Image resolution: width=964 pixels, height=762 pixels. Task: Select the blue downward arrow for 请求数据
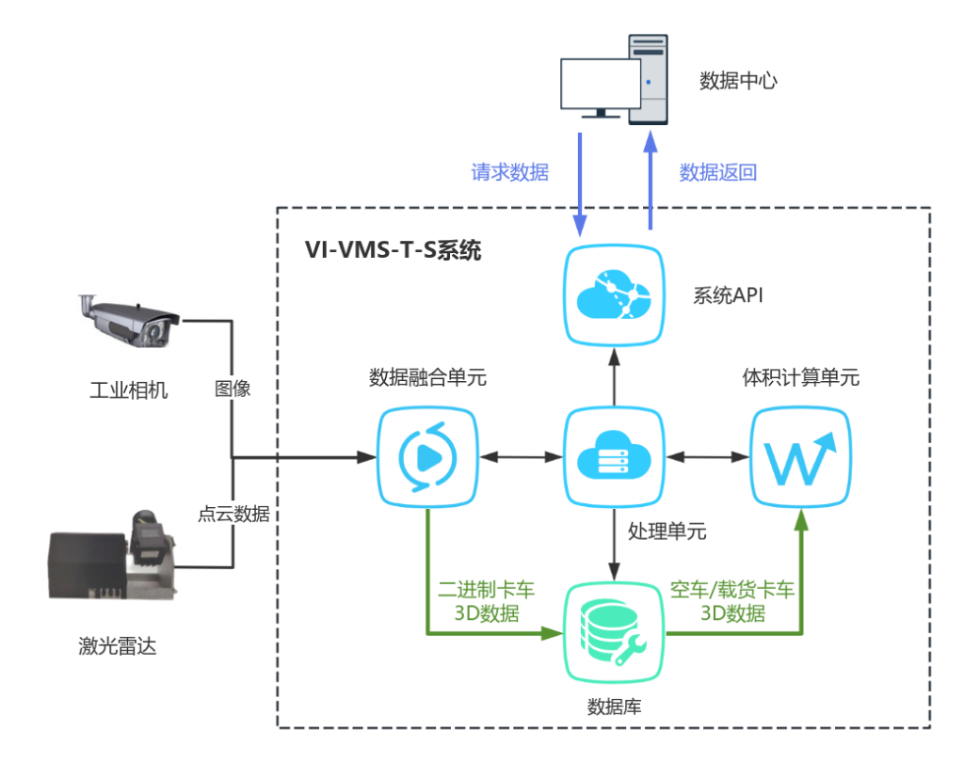580,183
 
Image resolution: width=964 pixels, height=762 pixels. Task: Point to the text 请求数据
510,172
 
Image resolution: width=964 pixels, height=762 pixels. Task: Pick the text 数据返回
718,172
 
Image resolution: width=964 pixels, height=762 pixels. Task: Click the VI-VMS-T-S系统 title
393,250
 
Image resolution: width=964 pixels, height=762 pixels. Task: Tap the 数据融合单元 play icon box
428,457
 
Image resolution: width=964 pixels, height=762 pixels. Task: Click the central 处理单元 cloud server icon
613,457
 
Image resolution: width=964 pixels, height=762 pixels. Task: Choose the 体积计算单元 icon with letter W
800,457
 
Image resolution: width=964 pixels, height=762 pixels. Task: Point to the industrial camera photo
128,321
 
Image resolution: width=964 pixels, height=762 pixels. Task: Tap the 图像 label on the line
233,388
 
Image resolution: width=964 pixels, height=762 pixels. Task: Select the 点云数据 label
233,514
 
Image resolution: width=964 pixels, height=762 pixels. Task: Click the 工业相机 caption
128,389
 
